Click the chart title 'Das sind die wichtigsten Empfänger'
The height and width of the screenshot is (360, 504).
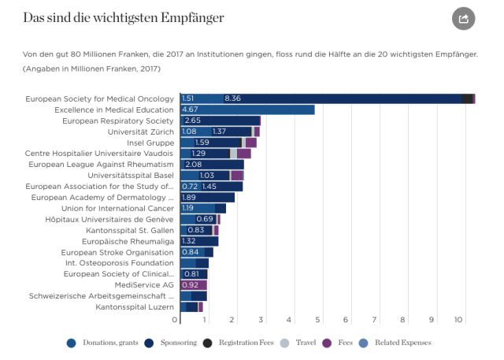[124, 17]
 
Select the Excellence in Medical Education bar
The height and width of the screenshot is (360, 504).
[247, 109]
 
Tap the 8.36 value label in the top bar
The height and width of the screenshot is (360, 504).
[232, 98]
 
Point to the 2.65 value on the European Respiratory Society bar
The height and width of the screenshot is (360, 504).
[193, 121]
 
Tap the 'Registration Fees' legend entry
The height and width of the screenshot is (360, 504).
[244, 343]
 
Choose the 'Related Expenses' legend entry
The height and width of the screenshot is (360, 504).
[398, 343]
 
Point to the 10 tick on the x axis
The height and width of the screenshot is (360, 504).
[459, 320]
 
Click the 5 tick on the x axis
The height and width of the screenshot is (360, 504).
[318, 320]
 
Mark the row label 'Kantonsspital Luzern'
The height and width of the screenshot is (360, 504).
[135, 306]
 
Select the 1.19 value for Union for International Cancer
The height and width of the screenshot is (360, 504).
[189, 208]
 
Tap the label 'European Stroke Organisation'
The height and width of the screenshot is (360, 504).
[117, 252]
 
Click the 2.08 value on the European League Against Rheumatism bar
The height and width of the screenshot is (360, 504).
[193, 164]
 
